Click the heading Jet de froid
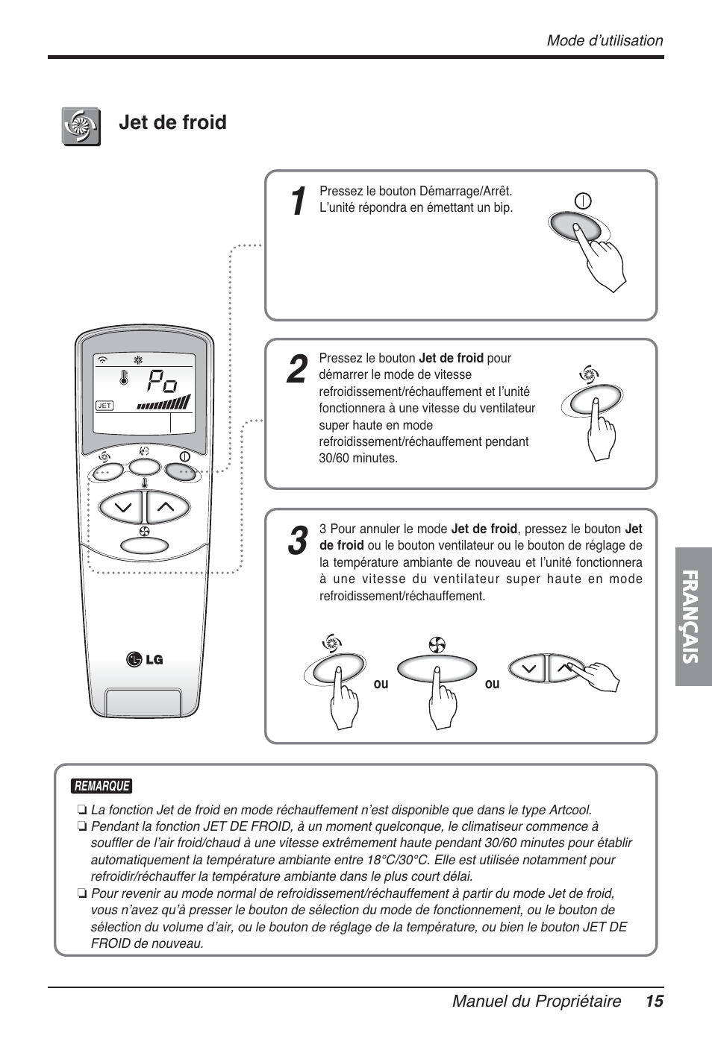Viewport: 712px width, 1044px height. point(172,122)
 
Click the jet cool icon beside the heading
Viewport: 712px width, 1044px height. point(81,126)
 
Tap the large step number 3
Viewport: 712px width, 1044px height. point(296,541)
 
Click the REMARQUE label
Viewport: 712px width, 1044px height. point(102,786)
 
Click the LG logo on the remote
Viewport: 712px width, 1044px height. point(145,659)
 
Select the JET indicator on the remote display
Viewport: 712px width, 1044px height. point(104,406)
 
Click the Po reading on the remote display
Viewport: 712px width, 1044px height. point(161,383)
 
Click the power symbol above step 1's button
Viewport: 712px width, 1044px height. point(583,200)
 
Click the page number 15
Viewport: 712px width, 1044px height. point(655,1001)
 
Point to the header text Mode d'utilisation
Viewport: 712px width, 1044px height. point(605,41)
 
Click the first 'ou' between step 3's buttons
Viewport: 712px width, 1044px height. point(381,683)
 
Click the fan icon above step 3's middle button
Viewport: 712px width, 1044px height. point(437,644)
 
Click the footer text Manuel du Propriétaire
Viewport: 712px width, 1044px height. point(536,1001)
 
